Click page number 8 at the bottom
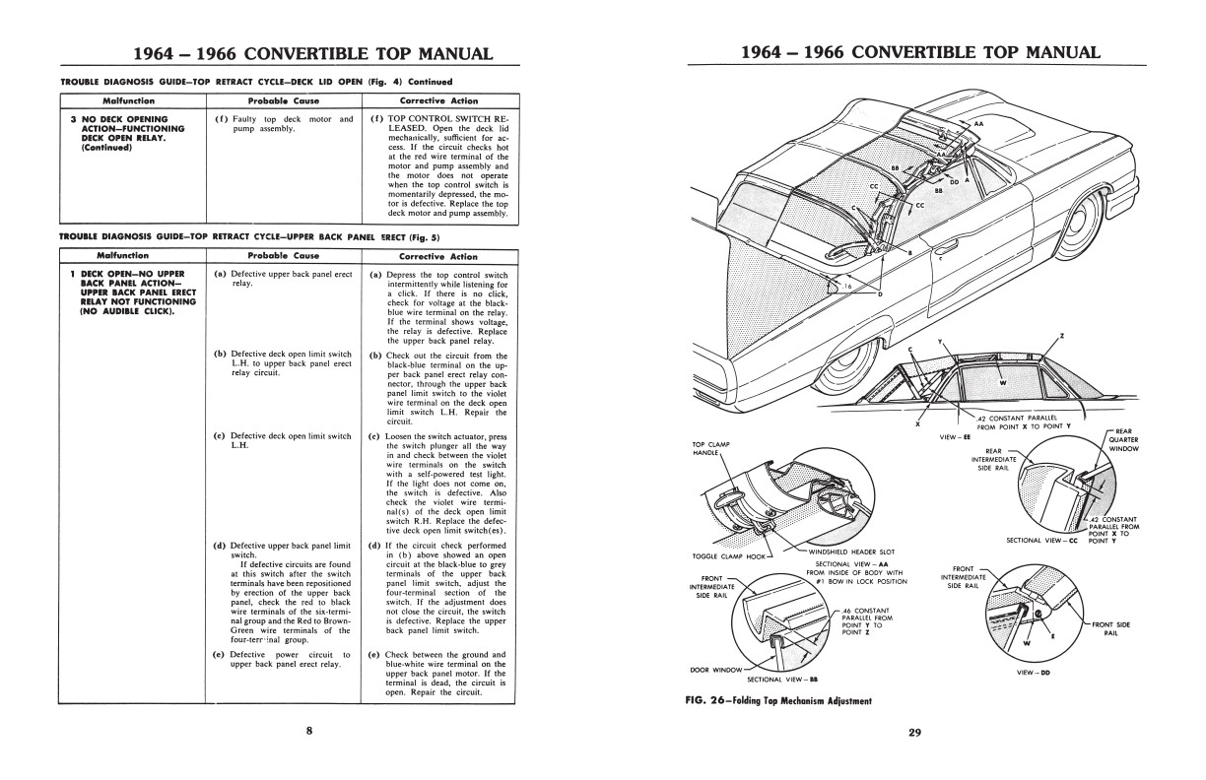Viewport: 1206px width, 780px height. click(x=308, y=731)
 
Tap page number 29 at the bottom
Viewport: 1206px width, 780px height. click(x=914, y=731)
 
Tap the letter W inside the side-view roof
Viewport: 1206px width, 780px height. click(x=1002, y=382)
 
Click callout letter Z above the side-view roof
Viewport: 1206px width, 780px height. click(x=1061, y=336)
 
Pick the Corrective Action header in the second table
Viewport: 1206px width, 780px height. click(x=438, y=256)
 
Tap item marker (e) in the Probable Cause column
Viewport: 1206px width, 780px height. click(x=219, y=654)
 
